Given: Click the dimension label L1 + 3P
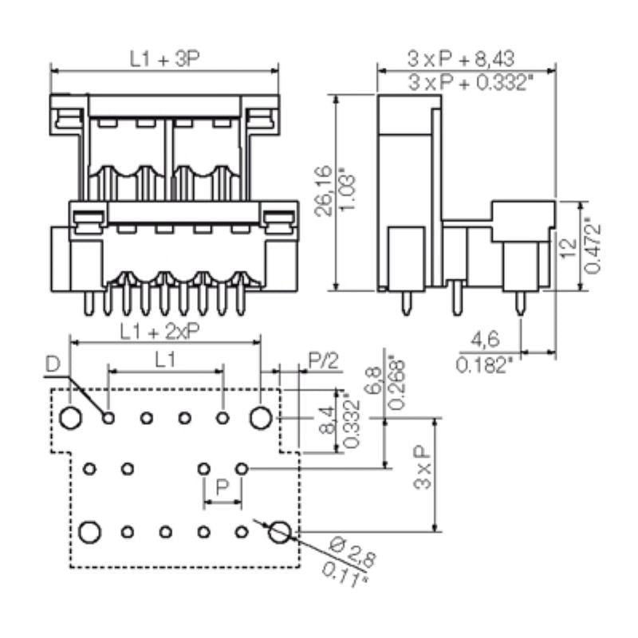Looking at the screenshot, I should [164, 57].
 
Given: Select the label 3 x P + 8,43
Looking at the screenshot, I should [460, 57].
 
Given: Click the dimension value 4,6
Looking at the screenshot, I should [485, 341].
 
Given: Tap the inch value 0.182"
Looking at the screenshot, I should [484, 365].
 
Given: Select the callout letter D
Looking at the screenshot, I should [53, 365].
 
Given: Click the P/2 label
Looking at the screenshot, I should [321, 360].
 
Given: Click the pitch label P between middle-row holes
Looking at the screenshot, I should [223, 486].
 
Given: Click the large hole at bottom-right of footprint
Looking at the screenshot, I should [278, 531].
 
